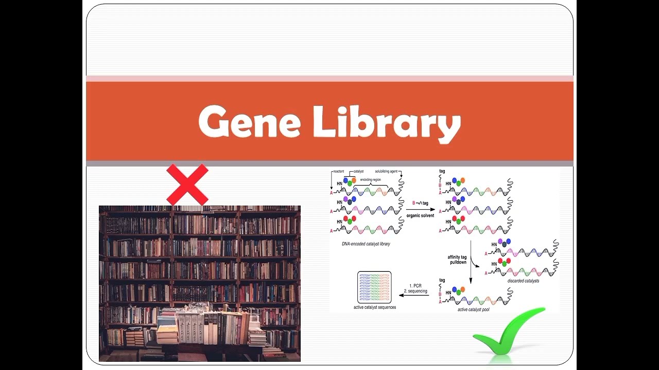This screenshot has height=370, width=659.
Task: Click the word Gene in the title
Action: click(249, 121)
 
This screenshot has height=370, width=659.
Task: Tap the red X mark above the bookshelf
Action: click(187, 184)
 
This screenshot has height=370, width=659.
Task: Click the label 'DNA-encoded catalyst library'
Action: click(366, 244)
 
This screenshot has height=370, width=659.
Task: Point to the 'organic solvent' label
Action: click(420, 216)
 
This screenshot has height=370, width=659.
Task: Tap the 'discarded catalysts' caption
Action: click(523, 281)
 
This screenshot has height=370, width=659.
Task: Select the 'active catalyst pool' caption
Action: click(476, 310)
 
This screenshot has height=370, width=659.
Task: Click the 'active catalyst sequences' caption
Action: click(374, 307)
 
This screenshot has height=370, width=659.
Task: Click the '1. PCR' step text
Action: click(415, 285)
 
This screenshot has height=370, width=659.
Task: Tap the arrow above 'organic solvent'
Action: click(420, 210)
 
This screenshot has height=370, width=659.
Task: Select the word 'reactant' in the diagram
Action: click(338, 171)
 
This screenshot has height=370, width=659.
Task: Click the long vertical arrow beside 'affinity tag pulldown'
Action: click(471, 262)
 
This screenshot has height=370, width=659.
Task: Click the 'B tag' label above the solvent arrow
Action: click(420, 203)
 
